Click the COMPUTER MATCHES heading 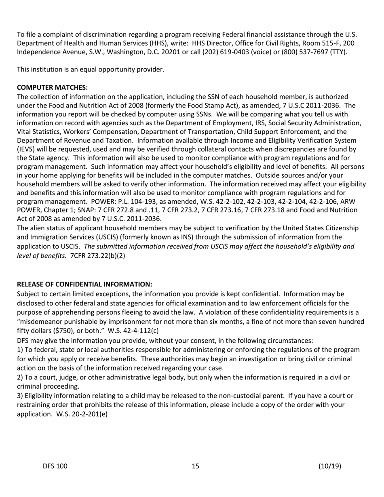[52, 87]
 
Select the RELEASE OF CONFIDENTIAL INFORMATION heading [84, 284]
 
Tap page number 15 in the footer [196, 466]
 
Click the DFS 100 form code [55, 466]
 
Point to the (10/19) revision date [329, 466]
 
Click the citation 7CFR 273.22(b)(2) [97, 255]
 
